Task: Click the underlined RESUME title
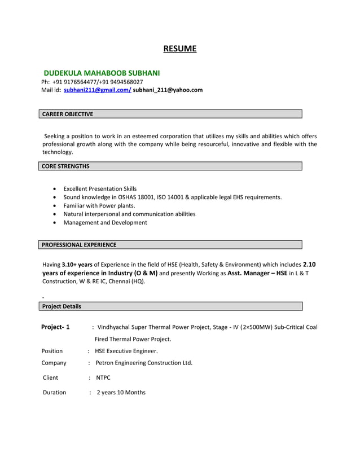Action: point(179,49)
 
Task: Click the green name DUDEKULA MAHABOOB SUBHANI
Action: point(102,73)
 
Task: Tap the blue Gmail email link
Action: point(98,90)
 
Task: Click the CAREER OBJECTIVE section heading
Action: point(68,114)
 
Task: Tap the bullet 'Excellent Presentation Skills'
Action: point(100,188)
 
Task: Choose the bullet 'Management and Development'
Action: point(105,222)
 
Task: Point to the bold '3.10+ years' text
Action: point(77,264)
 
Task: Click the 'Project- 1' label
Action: point(55,327)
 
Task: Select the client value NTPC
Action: point(103,377)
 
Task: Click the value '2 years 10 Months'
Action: point(121,392)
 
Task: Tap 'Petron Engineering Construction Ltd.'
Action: point(144,363)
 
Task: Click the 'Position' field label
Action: point(52,350)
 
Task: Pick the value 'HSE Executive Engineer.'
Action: point(126,350)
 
